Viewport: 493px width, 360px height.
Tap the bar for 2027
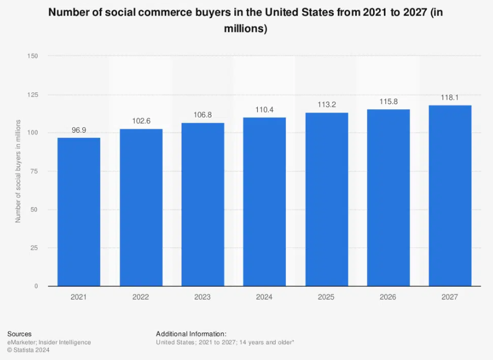(x=450, y=195)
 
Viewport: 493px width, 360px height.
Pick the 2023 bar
(x=203, y=204)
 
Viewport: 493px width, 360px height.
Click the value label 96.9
(x=79, y=130)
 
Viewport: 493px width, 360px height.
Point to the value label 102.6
(x=141, y=121)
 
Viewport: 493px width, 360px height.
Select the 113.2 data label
(x=327, y=105)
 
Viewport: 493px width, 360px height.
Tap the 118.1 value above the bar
(x=450, y=97)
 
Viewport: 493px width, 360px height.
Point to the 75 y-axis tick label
(x=34, y=171)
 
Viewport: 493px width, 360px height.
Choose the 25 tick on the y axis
(x=34, y=248)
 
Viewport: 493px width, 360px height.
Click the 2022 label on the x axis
(x=141, y=297)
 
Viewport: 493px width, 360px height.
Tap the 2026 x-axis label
(x=388, y=297)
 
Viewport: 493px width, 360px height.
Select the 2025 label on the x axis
(x=327, y=297)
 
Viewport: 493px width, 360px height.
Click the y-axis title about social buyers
(x=18, y=171)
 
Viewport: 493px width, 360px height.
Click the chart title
(x=246, y=21)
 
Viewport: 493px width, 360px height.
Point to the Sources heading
(x=20, y=334)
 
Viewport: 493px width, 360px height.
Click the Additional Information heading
(x=191, y=334)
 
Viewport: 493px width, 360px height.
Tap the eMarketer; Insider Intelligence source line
(x=49, y=342)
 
